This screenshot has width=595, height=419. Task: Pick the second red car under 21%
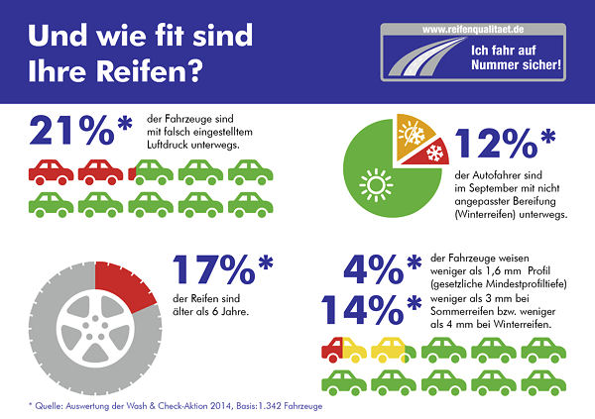(x=100, y=169)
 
